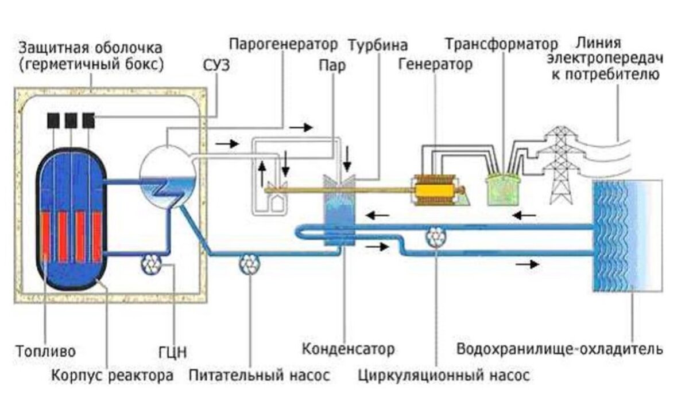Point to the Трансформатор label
click(x=501, y=44)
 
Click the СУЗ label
click(x=216, y=65)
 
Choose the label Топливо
click(x=45, y=350)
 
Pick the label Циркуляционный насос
click(x=443, y=376)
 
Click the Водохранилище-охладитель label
click(x=559, y=349)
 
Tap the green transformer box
click(x=502, y=189)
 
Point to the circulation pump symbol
click(x=436, y=236)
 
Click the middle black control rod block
click(x=71, y=120)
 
